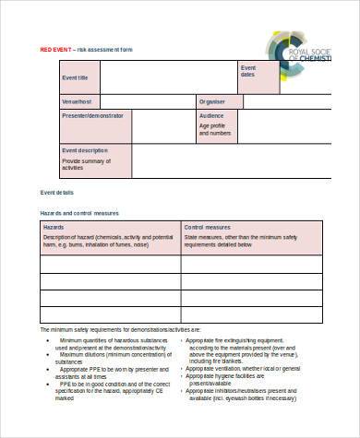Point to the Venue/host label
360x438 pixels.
pos(76,101)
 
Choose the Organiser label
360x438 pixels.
pos(211,101)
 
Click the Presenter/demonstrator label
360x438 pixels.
pos(93,115)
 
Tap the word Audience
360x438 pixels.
pos(211,115)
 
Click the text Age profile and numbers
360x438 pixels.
pos(215,130)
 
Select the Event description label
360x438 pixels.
pos(84,149)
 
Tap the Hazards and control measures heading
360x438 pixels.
pos(79,213)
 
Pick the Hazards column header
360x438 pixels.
pos(54,226)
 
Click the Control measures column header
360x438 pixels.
pos(207,226)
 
